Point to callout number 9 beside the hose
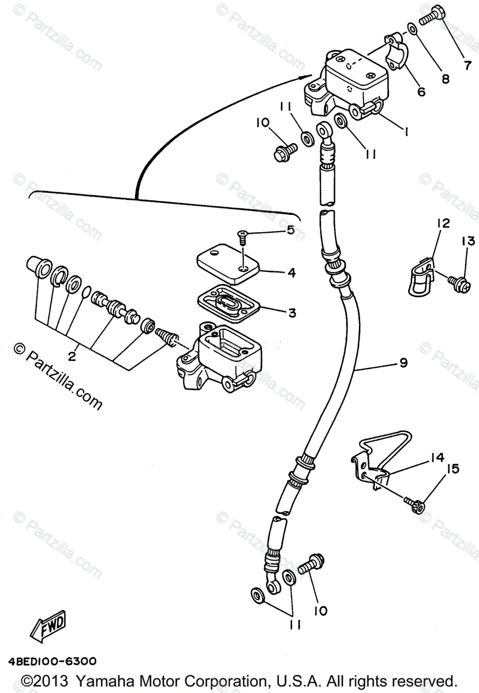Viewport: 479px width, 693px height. click(403, 363)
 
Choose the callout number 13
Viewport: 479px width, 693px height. click(467, 241)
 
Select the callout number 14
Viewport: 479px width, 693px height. click(437, 457)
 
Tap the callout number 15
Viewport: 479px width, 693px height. click(453, 468)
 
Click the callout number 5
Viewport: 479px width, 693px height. click(290, 230)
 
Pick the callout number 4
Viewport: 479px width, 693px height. click(292, 273)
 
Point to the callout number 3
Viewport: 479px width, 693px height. click(292, 312)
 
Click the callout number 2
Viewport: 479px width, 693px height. click(72, 356)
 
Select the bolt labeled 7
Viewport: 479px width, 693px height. click(429, 15)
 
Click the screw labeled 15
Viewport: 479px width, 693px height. click(414, 504)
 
